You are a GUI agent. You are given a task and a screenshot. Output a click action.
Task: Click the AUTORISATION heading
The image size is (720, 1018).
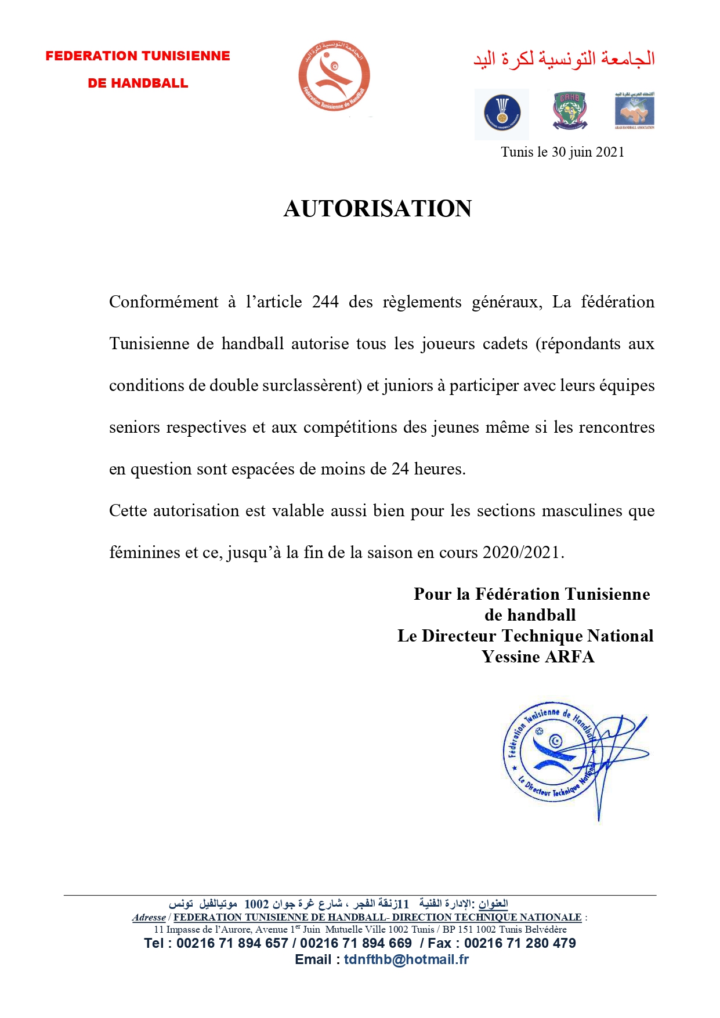coord(377,209)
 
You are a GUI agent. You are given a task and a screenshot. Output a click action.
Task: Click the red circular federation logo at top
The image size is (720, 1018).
coord(334,76)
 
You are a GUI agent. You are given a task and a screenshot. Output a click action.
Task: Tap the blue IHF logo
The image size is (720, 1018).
coord(502,113)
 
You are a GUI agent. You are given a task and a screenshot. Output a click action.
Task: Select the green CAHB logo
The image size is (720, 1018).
coord(569,110)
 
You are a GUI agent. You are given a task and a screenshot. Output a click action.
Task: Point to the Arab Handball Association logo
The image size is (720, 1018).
coord(634,110)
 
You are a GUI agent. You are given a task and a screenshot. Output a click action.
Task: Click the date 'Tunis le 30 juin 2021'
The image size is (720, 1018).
coord(562,152)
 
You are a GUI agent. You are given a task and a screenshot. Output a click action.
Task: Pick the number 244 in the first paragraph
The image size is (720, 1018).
coord(325,302)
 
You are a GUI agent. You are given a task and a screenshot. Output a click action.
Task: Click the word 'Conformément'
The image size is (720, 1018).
coord(164,302)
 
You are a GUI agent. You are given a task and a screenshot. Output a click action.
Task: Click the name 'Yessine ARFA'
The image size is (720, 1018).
coord(538,657)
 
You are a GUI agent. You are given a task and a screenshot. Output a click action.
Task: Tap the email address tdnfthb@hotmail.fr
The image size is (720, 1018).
coord(406,959)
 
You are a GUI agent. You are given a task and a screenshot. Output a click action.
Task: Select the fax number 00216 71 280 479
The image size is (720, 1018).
coord(520,943)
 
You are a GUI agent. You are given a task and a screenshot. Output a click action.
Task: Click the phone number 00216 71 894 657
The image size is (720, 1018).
coord(232,943)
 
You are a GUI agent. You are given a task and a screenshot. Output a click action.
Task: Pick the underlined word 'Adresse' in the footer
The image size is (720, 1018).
coord(149,918)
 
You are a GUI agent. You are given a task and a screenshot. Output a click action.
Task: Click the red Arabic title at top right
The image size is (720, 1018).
coord(564,59)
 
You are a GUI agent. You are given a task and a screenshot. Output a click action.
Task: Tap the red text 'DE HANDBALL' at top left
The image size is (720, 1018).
coord(138,84)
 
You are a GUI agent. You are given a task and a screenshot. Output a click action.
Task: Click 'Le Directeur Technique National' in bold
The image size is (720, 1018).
coord(525,636)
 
